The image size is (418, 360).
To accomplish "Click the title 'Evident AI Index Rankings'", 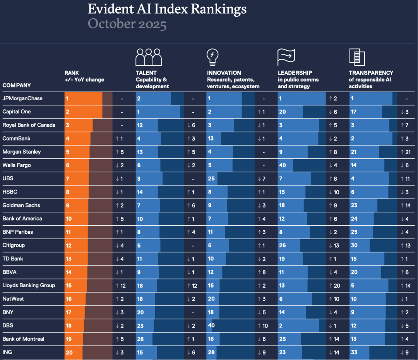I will pos(167,9).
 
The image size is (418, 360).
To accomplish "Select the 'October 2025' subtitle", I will pos(127,24).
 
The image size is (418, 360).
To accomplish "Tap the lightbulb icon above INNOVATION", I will pos(212,57).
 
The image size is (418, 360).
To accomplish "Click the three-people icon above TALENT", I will pos(148,57).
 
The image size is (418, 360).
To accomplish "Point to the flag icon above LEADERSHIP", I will pos(286,57).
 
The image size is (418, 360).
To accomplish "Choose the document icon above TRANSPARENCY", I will pos(357,57).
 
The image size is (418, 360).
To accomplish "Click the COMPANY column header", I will pos(17,85).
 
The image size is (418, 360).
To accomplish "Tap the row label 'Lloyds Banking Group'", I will pos(29,285).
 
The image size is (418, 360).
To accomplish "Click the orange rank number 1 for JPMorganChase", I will pos(67,98).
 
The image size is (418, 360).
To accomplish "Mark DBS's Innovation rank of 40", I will pos(211,326).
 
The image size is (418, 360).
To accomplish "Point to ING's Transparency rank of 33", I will pos(354,352).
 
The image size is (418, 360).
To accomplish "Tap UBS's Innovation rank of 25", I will pos(211,179).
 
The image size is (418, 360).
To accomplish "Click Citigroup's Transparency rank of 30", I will pos(354,245).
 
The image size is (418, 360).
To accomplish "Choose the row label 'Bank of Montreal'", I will pos(23,339).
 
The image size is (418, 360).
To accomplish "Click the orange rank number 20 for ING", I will pos(69,352).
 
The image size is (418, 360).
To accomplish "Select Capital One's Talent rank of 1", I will pos(138,112).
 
